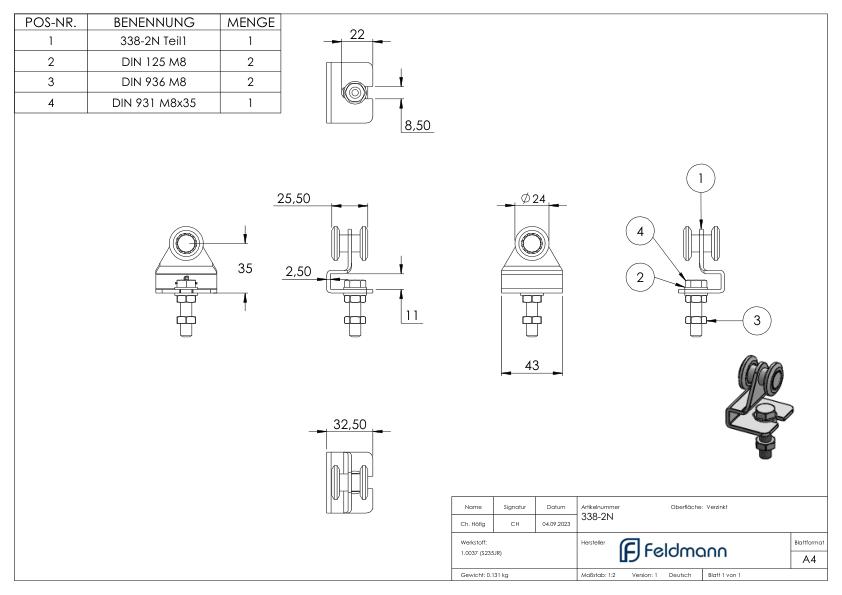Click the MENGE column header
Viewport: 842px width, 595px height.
[x=250, y=22]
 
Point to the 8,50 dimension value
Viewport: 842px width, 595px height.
[x=417, y=126]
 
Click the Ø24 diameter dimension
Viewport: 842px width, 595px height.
[x=535, y=199]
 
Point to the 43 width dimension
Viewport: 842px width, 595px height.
[x=532, y=366]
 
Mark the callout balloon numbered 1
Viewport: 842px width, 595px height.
[x=702, y=177]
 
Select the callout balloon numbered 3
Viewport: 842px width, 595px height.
[x=758, y=320]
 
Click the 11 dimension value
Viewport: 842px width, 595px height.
[x=411, y=316]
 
